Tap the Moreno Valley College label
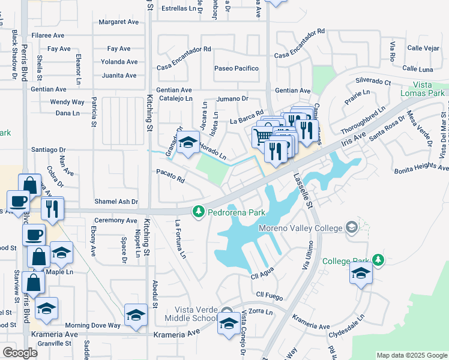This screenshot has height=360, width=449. tap(300, 228)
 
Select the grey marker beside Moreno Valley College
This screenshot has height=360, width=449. tap(351, 227)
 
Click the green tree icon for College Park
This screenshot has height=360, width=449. tap(378, 260)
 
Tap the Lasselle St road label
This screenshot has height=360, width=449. tap(304, 191)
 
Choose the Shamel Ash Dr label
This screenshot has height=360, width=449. tap(116, 202)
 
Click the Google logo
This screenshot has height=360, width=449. tap(20, 352)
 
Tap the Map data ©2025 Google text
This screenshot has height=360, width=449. tap(411, 355)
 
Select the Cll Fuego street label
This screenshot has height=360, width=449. tap(268, 295)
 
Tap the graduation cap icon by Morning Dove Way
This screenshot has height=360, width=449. tap(136, 314)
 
